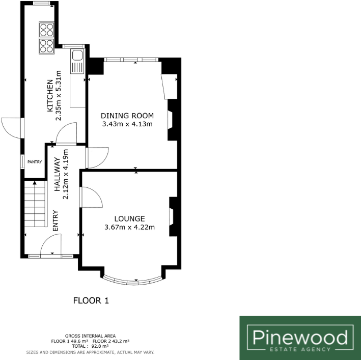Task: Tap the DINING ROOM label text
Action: [127, 115]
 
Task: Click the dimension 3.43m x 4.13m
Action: [127, 124]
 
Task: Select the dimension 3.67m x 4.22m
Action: [129, 227]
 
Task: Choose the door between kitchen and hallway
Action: [66, 132]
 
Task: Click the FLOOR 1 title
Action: [91, 300]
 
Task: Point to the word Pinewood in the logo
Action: [300, 337]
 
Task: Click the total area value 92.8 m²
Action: [97, 346]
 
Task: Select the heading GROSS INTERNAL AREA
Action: [90, 336]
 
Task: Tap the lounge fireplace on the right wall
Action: [172, 216]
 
